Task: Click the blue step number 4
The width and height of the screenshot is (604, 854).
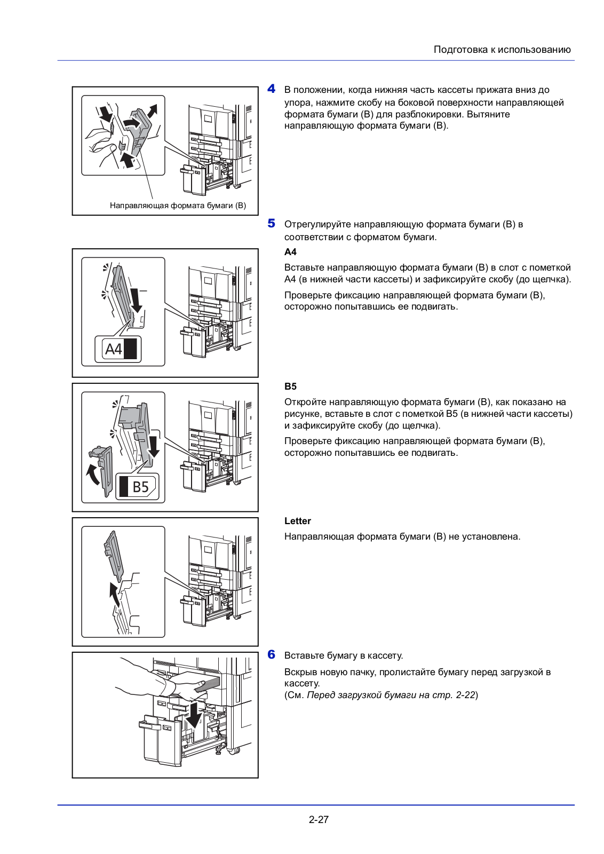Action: (x=272, y=89)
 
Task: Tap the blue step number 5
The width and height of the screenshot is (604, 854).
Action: (x=272, y=224)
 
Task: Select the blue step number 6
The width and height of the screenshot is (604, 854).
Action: (x=272, y=655)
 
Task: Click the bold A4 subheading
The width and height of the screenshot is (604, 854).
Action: (x=290, y=252)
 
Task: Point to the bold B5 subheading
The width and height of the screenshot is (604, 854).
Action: (x=290, y=386)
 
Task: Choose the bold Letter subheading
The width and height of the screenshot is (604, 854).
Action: (x=297, y=521)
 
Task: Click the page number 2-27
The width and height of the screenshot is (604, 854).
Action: (x=319, y=820)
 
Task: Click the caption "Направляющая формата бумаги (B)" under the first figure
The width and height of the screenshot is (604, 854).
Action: (x=178, y=205)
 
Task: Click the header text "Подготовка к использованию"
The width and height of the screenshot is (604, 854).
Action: (x=502, y=50)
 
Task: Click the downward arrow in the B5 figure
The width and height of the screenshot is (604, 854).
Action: (x=154, y=446)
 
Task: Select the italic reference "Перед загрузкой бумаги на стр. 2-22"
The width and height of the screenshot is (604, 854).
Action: (x=391, y=695)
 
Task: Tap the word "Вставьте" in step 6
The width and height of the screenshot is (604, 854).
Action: (x=303, y=655)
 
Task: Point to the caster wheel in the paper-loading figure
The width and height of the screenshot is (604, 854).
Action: (x=233, y=749)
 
